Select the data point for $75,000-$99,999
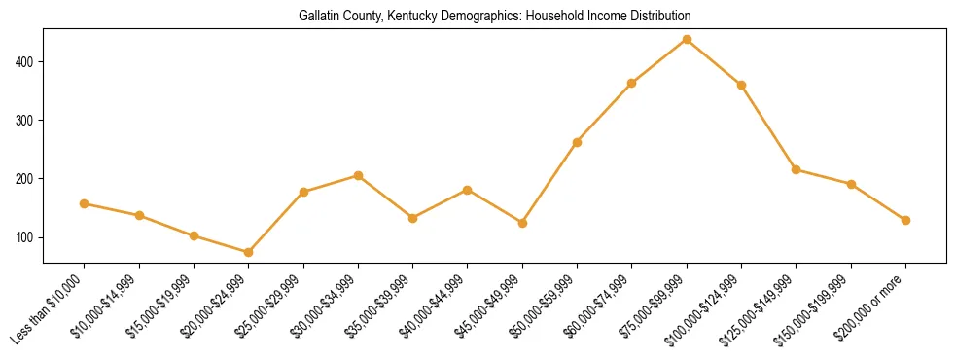[x=687, y=40]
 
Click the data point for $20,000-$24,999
[x=249, y=252]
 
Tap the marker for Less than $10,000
[x=85, y=203]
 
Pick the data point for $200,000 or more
[x=905, y=220]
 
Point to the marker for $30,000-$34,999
[x=358, y=176]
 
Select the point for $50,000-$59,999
[x=577, y=142]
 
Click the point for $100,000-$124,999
[x=741, y=86]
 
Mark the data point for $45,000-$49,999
[x=522, y=223]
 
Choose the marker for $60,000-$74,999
[x=632, y=84]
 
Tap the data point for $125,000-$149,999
[x=796, y=169]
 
